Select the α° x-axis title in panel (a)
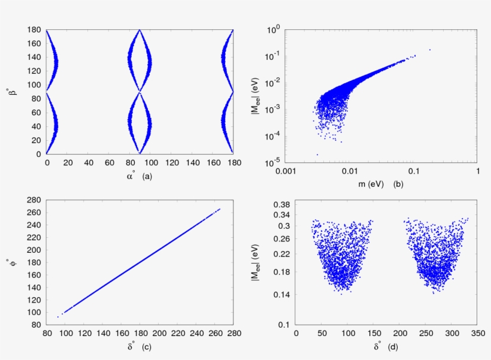[128, 177]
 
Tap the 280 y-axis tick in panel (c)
[35, 200]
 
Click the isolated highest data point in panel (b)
[429, 50]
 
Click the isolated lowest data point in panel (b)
[317, 155]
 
